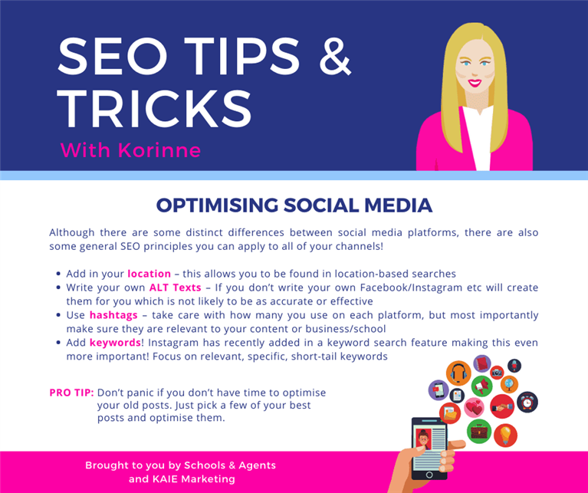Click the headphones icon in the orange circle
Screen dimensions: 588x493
[x=458, y=373]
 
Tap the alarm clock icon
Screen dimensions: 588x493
[x=527, y=402]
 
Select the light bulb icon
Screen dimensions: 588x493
[x=505, y=435]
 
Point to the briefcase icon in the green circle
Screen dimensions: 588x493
[x=479, y=431]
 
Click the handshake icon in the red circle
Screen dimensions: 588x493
[x=502, y=406]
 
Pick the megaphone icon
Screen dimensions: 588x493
[x=482, y=385]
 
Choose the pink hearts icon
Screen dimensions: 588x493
[x=475, y=408]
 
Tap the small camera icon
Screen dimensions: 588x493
[x=497, y=373]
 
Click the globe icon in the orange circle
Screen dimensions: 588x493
[x=509, y=384]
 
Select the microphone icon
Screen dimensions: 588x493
[x=514, y=366]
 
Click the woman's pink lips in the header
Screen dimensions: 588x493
[x=475, y=83]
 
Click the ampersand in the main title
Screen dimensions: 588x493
[x=335, y=56]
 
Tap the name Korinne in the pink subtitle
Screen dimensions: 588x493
[x=159, y=150]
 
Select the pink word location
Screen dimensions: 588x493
[x=149, y=274]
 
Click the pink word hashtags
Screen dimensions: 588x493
[x=113, y=315]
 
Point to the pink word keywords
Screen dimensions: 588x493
[x=115, y=343]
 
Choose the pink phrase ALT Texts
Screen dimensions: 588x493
[x=175, y=288]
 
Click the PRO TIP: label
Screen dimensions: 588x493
[x=71, y=393]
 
